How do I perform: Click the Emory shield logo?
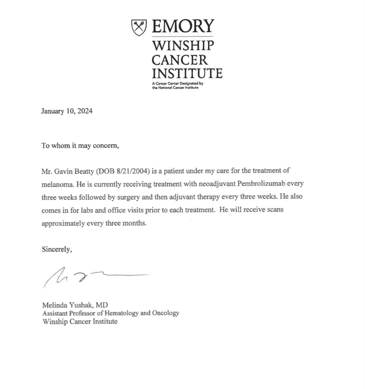139,28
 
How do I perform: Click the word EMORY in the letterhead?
183,26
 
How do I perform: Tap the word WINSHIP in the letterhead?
182,46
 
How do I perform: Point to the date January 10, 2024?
67,111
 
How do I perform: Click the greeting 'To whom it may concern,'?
80,145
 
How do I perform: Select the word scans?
275,210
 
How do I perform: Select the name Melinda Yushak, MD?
75,305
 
